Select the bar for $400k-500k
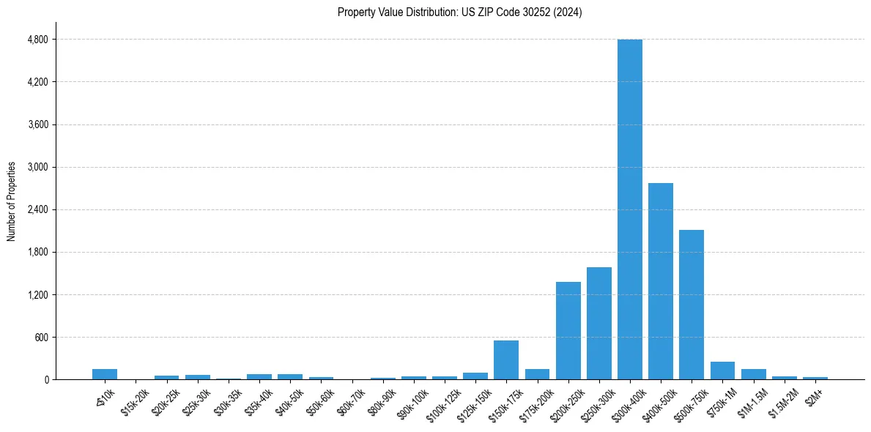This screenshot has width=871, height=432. [660, 281]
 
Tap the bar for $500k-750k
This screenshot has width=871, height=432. [691, 305]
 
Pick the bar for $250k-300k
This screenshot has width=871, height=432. [598, 324]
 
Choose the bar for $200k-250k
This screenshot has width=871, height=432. [568, 331]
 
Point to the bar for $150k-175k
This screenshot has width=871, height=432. [506, 360]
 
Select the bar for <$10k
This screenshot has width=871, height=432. [105, 374]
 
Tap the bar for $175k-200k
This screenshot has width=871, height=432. [537, 374]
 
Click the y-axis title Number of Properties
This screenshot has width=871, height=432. [12, 201]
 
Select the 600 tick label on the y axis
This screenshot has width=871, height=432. [41, 338]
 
